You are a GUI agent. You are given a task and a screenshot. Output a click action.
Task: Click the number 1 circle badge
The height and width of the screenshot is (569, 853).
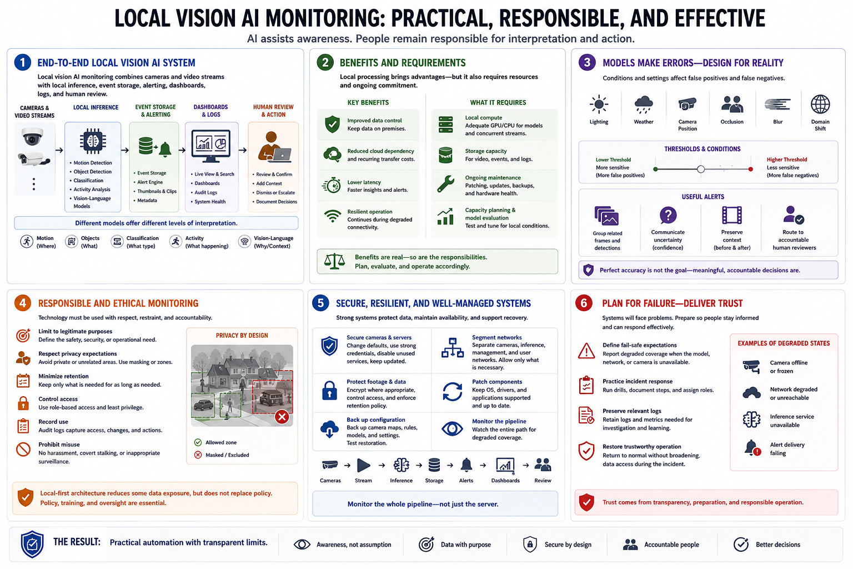[22, 62]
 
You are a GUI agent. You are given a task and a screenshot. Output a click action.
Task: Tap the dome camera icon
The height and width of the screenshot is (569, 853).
[32, 137]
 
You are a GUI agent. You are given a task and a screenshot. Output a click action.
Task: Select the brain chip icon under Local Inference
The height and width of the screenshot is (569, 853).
[93, 141]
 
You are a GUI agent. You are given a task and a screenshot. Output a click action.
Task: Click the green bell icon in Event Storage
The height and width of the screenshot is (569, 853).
[165, 149]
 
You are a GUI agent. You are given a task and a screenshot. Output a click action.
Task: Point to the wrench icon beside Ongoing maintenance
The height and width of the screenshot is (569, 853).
[445, 184]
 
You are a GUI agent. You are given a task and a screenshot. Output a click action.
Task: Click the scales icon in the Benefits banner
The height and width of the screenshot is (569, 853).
[334, 262]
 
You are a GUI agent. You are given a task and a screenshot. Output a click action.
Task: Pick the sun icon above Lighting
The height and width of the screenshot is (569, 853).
[599, 104]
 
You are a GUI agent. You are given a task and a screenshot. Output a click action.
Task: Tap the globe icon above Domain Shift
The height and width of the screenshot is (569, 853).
[820, 104]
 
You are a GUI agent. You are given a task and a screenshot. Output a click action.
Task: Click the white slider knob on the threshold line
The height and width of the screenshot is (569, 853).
[701, 169]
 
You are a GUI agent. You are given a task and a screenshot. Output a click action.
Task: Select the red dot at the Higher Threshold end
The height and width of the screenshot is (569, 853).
[751, 169]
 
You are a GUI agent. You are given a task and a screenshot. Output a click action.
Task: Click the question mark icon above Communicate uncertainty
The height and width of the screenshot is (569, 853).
[668, 216]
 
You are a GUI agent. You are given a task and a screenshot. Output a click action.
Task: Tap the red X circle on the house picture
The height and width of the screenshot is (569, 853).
[282, 417]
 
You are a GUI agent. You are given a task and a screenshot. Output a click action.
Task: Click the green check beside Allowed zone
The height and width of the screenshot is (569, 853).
[198, 442]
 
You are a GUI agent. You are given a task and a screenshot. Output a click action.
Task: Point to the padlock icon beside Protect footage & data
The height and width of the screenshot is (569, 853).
[329, 390]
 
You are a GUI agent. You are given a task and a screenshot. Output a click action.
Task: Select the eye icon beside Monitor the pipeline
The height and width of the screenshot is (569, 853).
[452, 429]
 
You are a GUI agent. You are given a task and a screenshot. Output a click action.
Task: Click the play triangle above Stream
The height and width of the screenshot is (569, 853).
[363, 465]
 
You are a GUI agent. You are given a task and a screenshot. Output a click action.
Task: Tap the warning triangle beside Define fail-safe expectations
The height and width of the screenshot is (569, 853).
[586, 351]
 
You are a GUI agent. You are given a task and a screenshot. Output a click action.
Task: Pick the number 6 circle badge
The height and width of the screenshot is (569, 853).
[584, 303]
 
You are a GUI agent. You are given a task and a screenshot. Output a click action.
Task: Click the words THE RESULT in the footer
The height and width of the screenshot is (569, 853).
[77, 542]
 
